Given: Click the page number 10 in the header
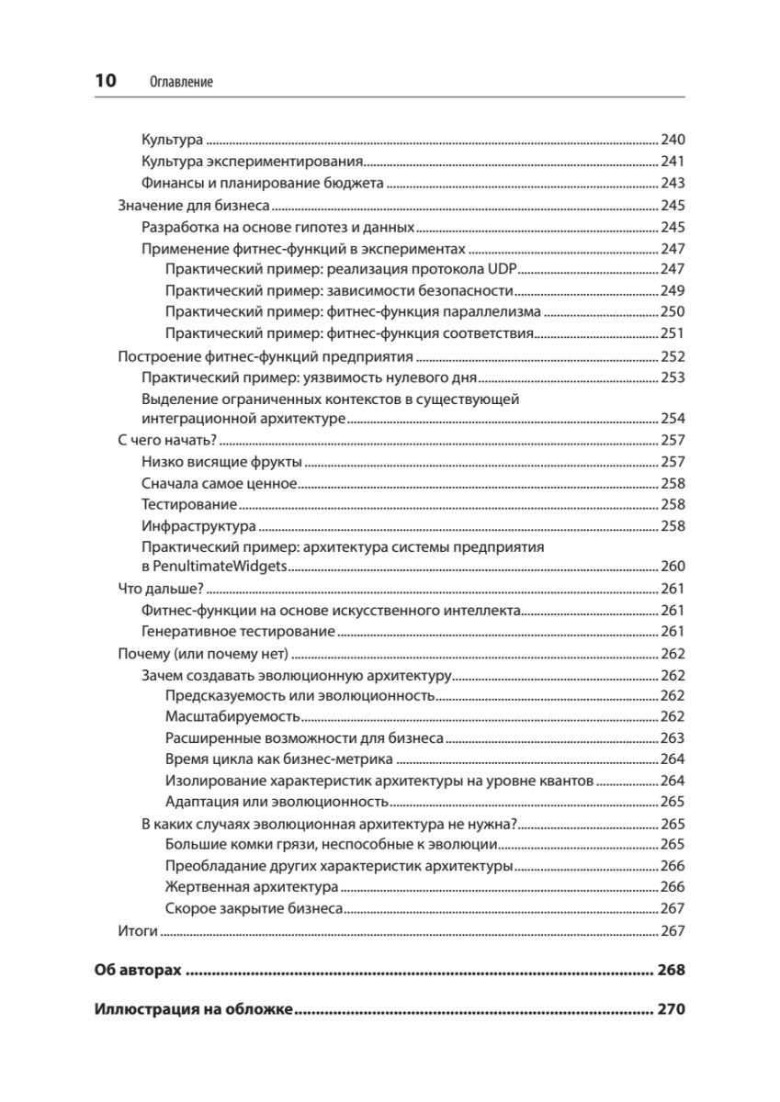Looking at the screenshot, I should pyautogui.click(x=106, y=81).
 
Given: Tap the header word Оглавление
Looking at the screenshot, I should pyautogui.click(x=181, y=82).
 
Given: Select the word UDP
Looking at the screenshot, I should pyautogui.click(x=503, y=269).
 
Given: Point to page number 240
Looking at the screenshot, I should pyautogui.click(x=673, y=141).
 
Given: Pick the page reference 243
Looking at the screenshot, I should pyautogui.click(x=673, y=183).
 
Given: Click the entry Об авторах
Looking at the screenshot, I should pyautogui.click(x=138, y=971).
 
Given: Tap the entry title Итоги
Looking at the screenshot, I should pyautogui.click(x=139, y=931).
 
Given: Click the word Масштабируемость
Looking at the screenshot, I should pyautogui.click(x=232, y=716).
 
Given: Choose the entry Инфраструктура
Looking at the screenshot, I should pyautogui.click(x=198, y=526).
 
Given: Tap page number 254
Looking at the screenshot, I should pyautogui.click(x=673, y=419).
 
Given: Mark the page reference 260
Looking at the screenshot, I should pyautogui.click(x=673, y=567).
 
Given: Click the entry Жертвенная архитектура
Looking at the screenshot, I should pyautogui.click(x=252, y=887).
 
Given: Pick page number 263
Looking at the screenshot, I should pyautogui.click(x=673, y=738).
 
